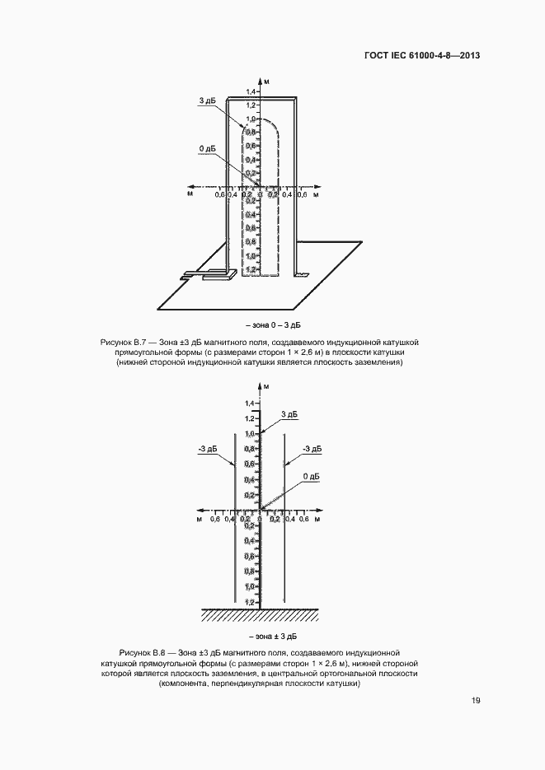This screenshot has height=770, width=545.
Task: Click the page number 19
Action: (x=476, y=701)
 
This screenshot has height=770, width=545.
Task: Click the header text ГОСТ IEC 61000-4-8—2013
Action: (x=422, y=56)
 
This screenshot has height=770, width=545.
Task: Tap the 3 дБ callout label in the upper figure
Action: (x=207, y=100)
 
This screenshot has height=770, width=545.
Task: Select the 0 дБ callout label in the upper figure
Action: (x=207, y=148)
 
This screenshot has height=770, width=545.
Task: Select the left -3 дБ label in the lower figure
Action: (x=207, y=449)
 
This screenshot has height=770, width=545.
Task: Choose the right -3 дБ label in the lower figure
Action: (x=312, y=449)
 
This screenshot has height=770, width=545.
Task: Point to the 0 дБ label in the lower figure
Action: (x=311, y=477)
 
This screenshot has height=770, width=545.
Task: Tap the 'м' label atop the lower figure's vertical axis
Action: (x=266, y=385)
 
